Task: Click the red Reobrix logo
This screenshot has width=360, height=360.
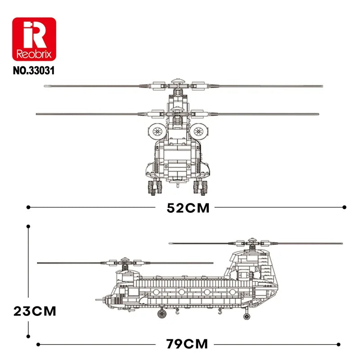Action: pos(34,40)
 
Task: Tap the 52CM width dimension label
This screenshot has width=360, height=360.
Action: pos(188,208)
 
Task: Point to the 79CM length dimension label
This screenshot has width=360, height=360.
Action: pos(187,344)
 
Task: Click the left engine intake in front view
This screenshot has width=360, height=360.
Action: pos(157,131)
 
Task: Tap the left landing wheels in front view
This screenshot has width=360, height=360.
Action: pos(153,186)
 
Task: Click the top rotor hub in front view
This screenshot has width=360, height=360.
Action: pos(177,84)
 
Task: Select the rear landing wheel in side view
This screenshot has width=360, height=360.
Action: pos(247,316)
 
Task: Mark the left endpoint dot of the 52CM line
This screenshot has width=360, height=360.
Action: pos(29,207)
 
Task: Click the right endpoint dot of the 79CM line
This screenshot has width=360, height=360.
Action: pos(338,344)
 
